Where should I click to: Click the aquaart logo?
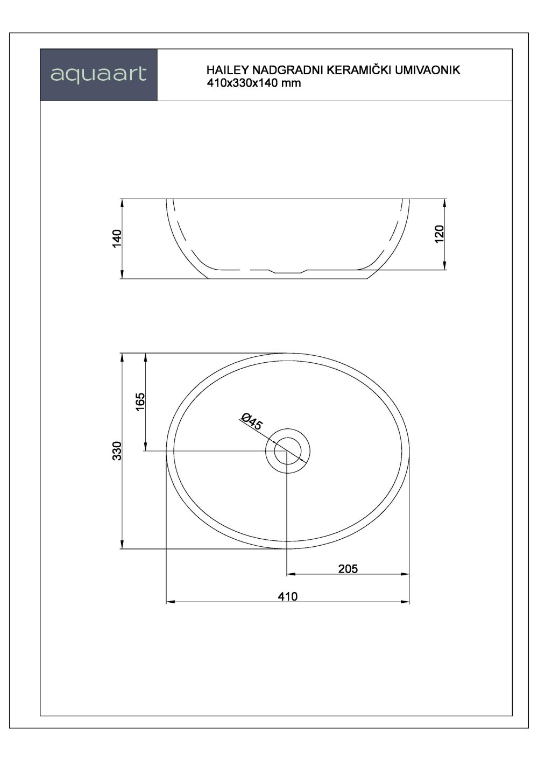tap(98, 74)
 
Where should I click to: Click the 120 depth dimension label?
tap(439, 234)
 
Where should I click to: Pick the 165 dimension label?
tap(140, 403)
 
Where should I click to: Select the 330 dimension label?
tap(118, 450)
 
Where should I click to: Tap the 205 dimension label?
tap(348, 568)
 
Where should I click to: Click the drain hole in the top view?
tap(288, 450)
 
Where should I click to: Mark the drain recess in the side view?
tap(288, 271)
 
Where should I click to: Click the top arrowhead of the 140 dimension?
tap(123, 203)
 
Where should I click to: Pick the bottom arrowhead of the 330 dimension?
tap(123, 545)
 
